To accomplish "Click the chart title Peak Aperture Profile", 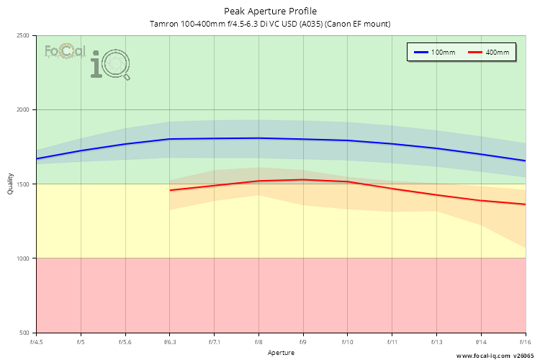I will [270, 11].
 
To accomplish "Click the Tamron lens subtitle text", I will [270, 24].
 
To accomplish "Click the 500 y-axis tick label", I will [24, 333].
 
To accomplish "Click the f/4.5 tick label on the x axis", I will [37, 341].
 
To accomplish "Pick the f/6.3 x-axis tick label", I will [170, 341].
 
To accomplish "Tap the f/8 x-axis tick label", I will [258, 341].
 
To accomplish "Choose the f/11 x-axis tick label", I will [392, 341].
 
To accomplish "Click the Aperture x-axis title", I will [281, 353].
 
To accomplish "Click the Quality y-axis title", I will [10, 184].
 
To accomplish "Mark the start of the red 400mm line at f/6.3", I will [170, 190].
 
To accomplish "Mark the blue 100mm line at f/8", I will [258, 138].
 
